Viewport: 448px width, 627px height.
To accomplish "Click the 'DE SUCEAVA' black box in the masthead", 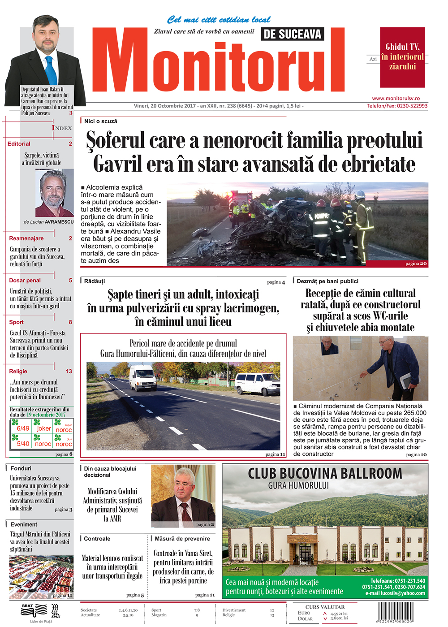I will pos(292,34).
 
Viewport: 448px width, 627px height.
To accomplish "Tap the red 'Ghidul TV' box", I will pos(402,57).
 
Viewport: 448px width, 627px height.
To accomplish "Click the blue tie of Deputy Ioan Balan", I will pos(51,70).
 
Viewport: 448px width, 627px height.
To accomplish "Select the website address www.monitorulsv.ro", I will pos(396,99).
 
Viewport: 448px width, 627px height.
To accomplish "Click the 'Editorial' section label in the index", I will pos(19,144).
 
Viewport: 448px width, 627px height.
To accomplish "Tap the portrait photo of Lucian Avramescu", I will pos(54,193).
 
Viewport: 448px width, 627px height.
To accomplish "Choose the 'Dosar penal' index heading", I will pos(25,281).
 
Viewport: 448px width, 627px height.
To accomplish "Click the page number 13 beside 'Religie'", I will pos(69,372).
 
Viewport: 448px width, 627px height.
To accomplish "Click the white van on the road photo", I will pos(143,377).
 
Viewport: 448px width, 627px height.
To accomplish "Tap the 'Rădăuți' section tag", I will pos(95,281).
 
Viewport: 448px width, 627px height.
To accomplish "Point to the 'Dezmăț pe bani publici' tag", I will pos(327,281).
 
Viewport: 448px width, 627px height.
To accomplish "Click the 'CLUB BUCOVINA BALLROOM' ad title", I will pos(325,474).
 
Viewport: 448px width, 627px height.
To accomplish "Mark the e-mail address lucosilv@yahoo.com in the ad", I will pos(395,593).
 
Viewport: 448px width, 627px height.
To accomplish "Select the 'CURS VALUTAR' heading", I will pos(325,607).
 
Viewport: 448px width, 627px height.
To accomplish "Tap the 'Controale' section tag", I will pos(97,539).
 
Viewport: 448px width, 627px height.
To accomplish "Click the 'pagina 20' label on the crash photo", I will pos(416,264).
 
